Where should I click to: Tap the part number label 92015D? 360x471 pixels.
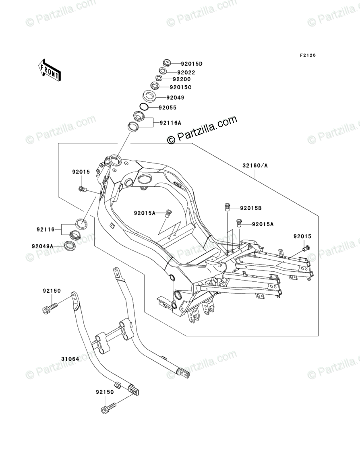pos(191,64)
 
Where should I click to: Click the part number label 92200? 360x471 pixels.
pos(182,79)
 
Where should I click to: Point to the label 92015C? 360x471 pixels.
pos(180,87)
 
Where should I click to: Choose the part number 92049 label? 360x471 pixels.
pos(175,97)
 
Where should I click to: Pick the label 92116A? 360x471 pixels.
pos(170,122)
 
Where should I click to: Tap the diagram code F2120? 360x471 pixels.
pos(307,55)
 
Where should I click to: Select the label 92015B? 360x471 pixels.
pos(251,208)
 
